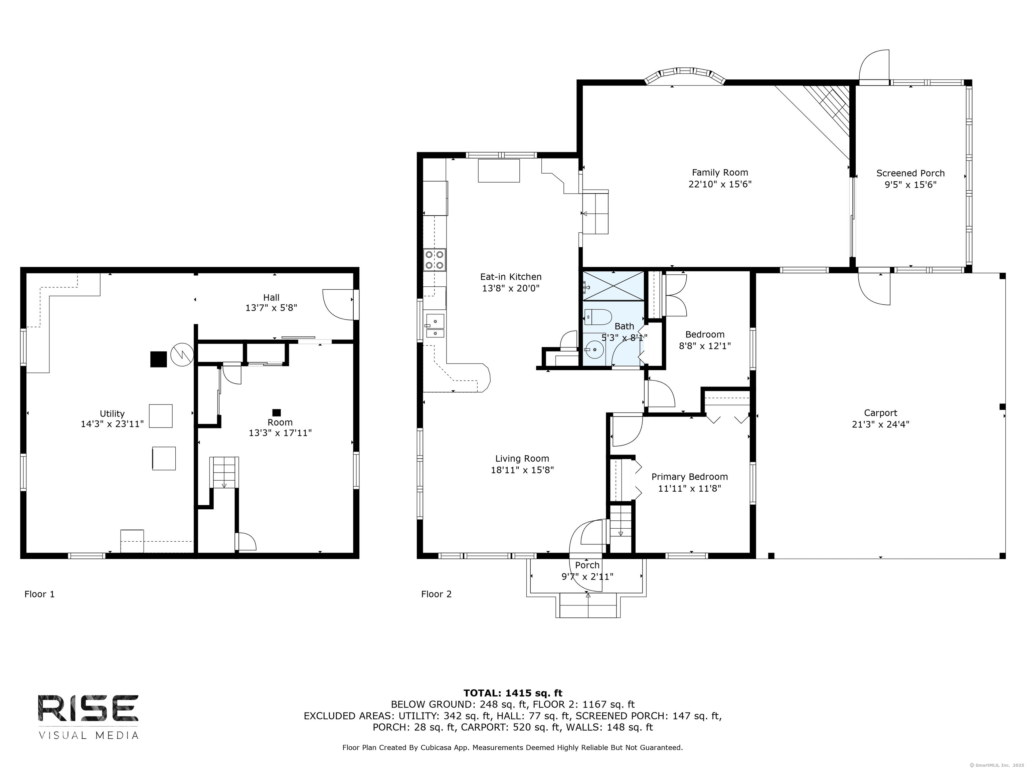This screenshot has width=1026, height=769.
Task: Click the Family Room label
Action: pyautogui.click(x=720, y=173)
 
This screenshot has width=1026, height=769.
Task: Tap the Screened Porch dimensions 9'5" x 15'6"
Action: pyautogui.click(x=910, y=185)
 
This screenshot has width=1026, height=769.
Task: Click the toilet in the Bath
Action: pyautogui.click(x=598, y=317)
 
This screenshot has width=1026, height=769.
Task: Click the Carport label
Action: pyautogui.click(x=880, y=413)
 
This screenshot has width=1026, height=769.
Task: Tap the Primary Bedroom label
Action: pyautogui.click(x=689, y=477)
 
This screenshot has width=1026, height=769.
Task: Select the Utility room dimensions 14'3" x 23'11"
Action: pyautogui.click(x=112, y=424)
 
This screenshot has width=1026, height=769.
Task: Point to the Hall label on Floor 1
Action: pyautogui.click(x=271, y=298)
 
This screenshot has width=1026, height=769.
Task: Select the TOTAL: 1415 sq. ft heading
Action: pyautogui.click(x=513, y=693)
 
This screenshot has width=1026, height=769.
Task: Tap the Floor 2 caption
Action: pyautogui.click(x=436, y=594)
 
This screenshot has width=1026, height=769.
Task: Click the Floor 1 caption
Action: pyautogui.click(x=39, y=594)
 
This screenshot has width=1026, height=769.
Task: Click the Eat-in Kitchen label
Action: pyautogui.click(x=511, y=277)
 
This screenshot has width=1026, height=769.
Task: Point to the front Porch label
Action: pyautogui.click(x=587, y=565)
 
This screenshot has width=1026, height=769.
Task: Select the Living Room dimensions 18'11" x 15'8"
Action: pyautogui.click(x=522, y=470)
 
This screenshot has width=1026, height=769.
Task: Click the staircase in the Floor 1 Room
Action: pyautogui.click(x=224, y=472)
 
